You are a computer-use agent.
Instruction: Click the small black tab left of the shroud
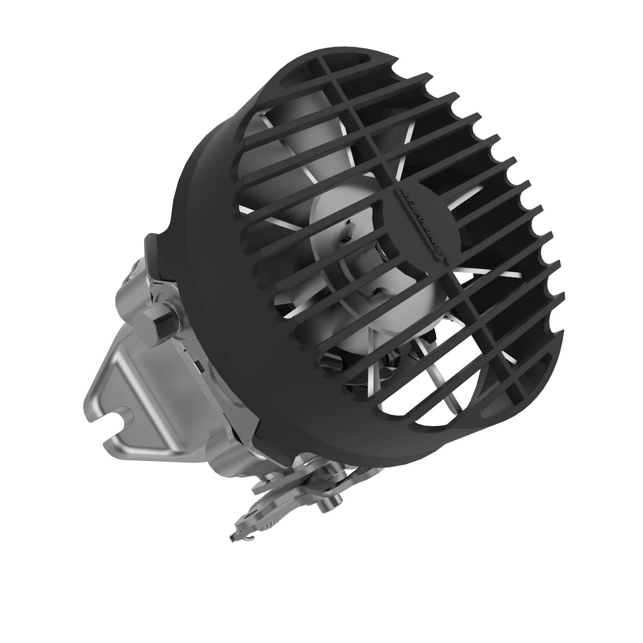pos(150,253)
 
